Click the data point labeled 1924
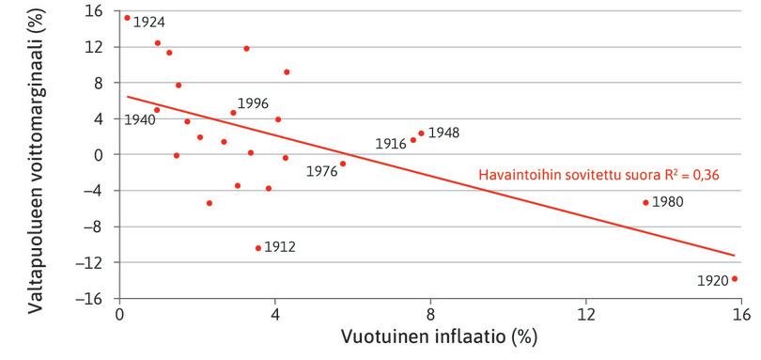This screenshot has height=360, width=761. (127, 17)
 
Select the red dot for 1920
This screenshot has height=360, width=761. (735, 278)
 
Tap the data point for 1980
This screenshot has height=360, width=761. (645, 202)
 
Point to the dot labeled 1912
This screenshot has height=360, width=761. (258, 248)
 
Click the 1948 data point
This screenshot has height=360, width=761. (421, 133)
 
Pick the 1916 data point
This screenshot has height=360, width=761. (413, 140)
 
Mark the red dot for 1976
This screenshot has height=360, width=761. (343, 164)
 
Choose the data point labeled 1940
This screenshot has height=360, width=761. (157, 110)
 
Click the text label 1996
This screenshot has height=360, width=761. (254, 102)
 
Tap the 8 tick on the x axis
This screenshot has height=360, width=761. (430, 315)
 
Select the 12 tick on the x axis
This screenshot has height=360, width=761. (586, 315)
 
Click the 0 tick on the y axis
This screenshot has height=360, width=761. (102, 155)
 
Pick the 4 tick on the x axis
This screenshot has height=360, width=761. (275, 315)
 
